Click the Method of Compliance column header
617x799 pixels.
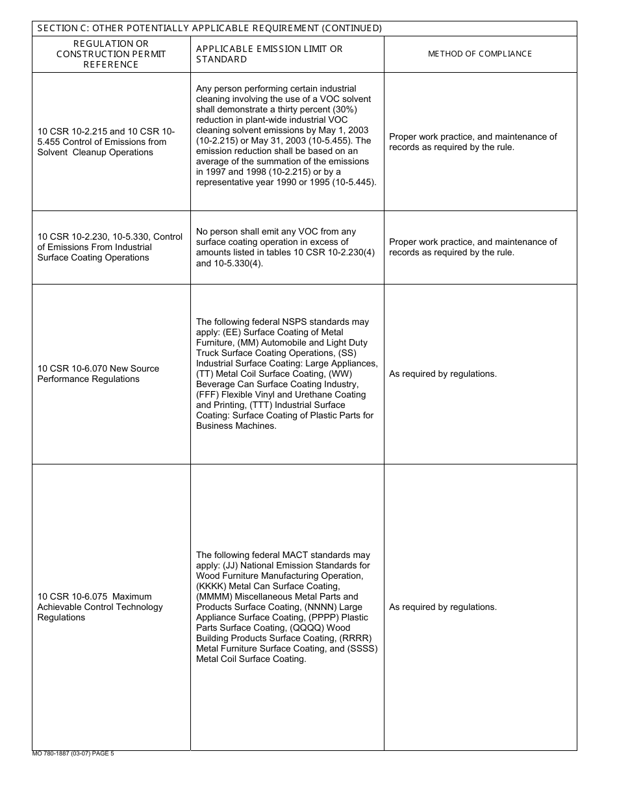pos(479,54)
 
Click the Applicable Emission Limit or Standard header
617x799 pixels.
pos(269,54)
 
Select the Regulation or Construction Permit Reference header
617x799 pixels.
pos(111,54)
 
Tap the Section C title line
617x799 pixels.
pos(209,28)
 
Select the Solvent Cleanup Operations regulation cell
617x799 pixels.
pos(106,142)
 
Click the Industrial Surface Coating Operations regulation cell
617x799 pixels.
pos(110,247)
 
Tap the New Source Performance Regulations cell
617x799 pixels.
pos(98,374)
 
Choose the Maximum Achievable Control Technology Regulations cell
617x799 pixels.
pos(100,607)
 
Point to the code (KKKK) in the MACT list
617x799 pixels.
pos(209,587)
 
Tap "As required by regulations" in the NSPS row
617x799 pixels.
pos(442,374)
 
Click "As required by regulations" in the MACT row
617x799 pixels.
pos(442,607)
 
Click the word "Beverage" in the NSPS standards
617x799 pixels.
pos(214,385)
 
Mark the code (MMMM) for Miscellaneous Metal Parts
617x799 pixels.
pos(213,597)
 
